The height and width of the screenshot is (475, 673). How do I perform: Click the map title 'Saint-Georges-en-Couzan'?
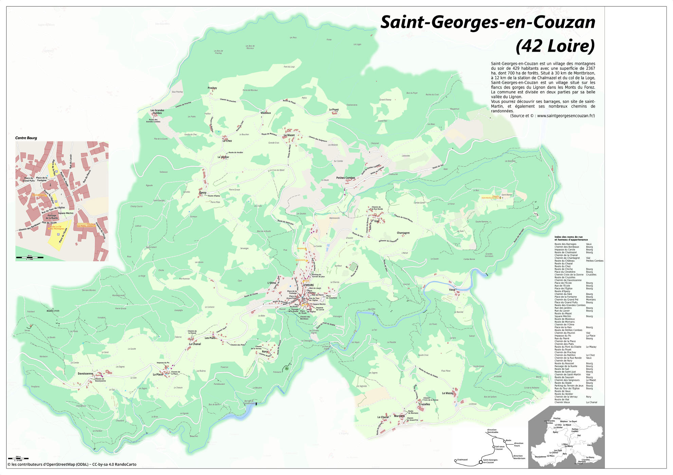488,22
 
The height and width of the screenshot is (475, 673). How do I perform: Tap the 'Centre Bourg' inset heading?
26,138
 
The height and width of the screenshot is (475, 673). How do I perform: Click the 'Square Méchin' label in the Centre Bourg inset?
66,213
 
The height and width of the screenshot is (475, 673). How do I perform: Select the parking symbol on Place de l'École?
58,234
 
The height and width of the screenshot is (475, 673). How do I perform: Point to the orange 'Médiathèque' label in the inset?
39,195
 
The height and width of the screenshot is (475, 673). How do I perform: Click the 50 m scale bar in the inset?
30,257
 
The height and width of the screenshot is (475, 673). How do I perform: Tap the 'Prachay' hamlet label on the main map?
212,88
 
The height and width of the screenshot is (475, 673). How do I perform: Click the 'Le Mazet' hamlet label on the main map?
289,135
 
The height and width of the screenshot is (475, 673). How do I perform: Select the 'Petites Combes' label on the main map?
346,178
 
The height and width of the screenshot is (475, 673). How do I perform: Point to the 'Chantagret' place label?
403,233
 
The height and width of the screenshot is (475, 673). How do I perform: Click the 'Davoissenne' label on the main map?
85,374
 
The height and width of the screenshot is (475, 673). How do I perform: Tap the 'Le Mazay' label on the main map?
448,393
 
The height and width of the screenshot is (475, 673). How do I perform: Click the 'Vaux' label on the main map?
452,290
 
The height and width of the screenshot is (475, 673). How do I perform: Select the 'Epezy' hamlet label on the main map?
203,193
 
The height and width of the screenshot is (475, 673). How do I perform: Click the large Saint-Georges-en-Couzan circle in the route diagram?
480,462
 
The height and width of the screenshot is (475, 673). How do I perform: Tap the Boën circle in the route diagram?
504,441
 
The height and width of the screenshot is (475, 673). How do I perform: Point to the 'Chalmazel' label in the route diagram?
462,460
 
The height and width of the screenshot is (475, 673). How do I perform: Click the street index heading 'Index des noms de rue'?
568,237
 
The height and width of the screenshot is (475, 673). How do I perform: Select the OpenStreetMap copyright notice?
72,464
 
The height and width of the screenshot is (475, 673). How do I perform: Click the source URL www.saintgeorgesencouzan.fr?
565,116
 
